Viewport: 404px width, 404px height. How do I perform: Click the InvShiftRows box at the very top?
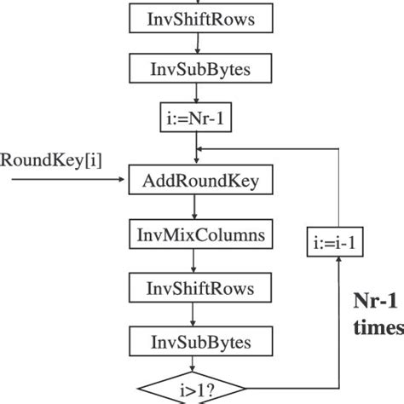tap(196, 20)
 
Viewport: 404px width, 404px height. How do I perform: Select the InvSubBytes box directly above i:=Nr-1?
tap(196, 69)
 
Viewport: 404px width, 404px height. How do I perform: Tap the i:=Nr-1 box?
tap(196, 119)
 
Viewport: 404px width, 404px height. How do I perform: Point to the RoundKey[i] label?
tap(50, 159)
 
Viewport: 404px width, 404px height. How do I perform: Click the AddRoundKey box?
tap(196, 182)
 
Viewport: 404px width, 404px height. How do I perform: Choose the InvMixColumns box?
tap(196, 232)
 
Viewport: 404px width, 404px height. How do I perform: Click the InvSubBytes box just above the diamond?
tap(196, 343)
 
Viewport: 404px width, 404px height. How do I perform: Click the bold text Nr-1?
tap(375, 303)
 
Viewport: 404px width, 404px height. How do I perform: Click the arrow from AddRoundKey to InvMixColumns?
tap(196, 207)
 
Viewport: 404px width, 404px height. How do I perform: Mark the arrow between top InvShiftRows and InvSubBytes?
tap(196, 44)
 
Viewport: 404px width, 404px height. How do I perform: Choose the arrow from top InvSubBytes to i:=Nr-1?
tap(196, 95)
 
